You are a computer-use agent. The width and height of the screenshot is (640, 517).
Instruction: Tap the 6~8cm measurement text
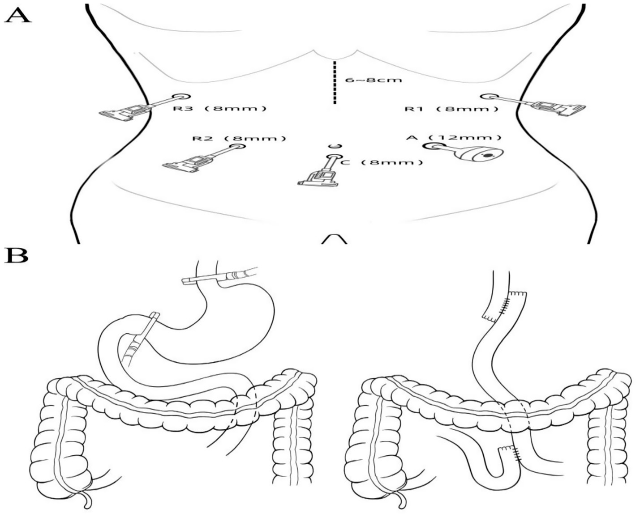374,81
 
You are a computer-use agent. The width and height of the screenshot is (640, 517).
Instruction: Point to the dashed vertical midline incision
334,83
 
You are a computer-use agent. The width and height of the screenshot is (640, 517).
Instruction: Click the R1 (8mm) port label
451,109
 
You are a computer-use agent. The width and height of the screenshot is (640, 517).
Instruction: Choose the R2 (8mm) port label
239,138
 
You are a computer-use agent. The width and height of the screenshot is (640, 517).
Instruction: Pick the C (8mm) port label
382,162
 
